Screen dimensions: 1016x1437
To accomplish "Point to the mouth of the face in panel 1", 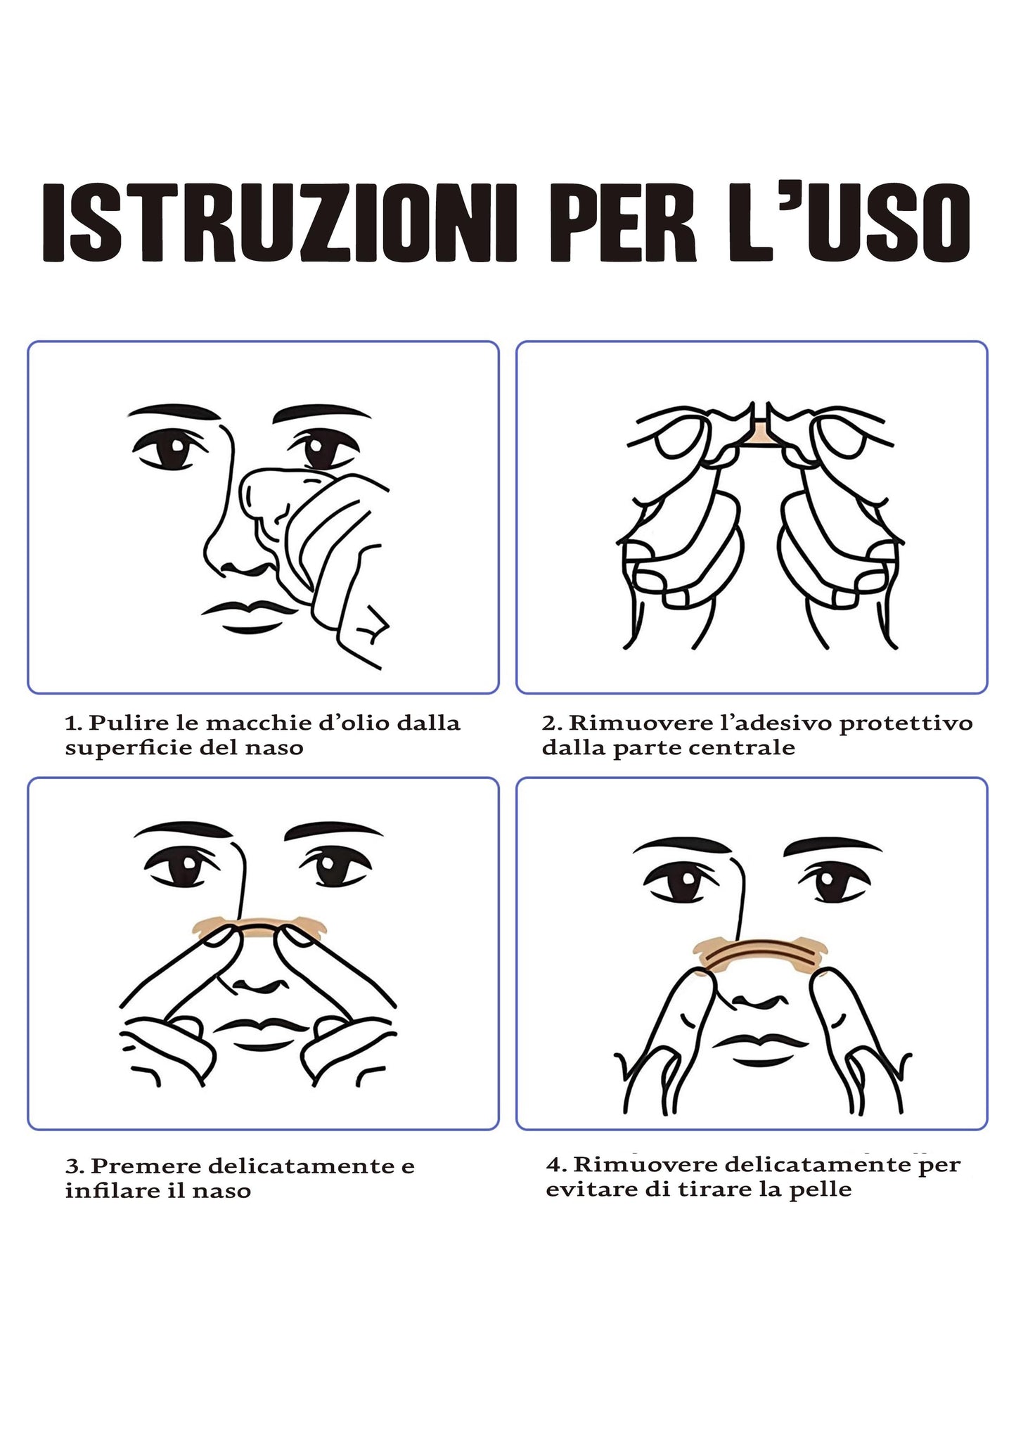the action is coord(250,613).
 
